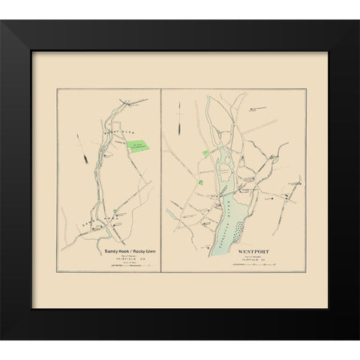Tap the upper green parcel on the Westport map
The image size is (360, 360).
(x=205, y=154)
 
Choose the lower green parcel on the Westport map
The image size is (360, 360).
(x=199, y=181)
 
